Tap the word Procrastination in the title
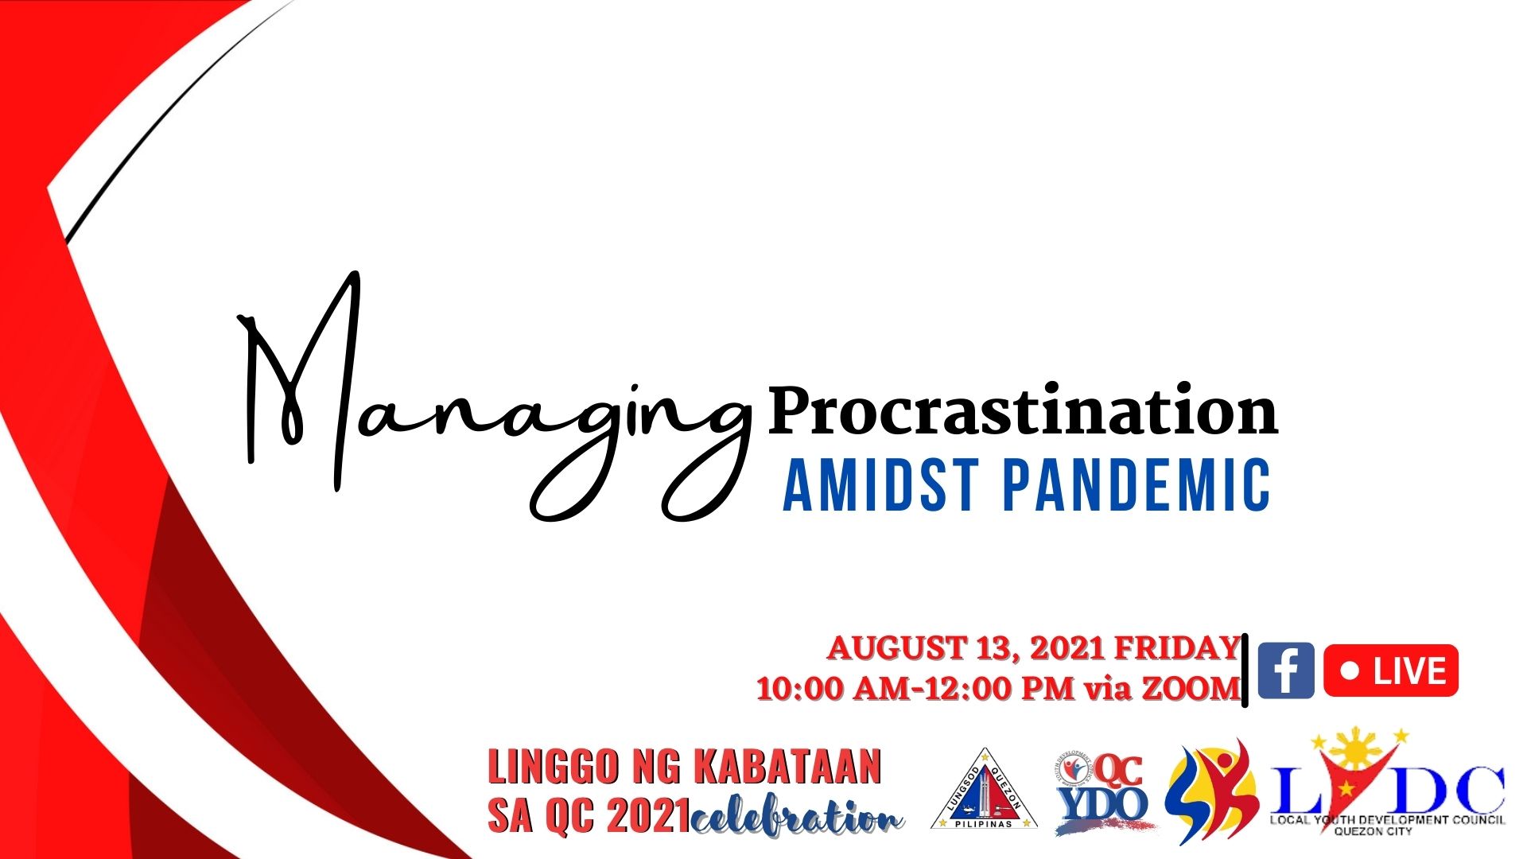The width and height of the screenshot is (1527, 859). coord(1023,410)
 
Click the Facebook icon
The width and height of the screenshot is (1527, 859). coord(1286,670)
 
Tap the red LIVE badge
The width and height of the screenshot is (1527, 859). coord(1391,670)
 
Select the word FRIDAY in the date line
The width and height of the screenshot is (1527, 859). coord(1177,648)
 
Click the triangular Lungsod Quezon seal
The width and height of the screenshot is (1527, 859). coord(985,789)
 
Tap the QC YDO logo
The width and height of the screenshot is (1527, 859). coord(1102,792)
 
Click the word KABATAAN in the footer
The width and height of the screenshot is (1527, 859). coord(787,767)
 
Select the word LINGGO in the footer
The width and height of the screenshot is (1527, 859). coord(553,767)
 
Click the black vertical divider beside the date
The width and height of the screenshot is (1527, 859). coord(1245,670)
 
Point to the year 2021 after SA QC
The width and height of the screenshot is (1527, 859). coord(648,816)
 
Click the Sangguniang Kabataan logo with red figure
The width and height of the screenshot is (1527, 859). coord(1210,791)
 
